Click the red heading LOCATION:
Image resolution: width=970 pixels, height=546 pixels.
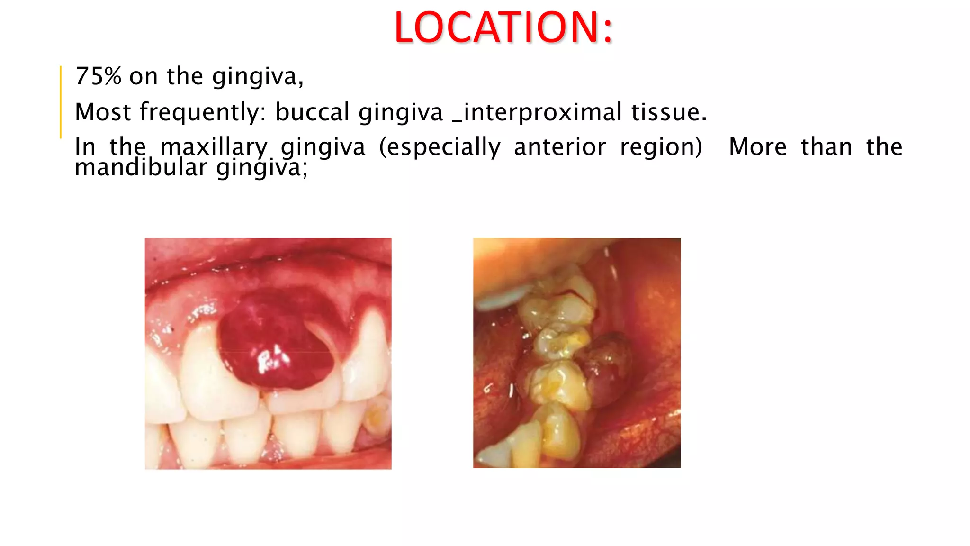point(503,27)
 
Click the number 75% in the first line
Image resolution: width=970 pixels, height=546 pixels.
point(99,76)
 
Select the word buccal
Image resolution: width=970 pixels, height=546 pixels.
point(313,112)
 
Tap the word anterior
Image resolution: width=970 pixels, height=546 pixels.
point(560,147)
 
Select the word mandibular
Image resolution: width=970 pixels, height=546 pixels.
point(141,168)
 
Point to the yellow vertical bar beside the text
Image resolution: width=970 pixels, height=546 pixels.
point(61,102)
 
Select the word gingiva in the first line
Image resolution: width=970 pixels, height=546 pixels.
point(258,77)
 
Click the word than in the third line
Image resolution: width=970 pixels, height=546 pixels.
point(826,147)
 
